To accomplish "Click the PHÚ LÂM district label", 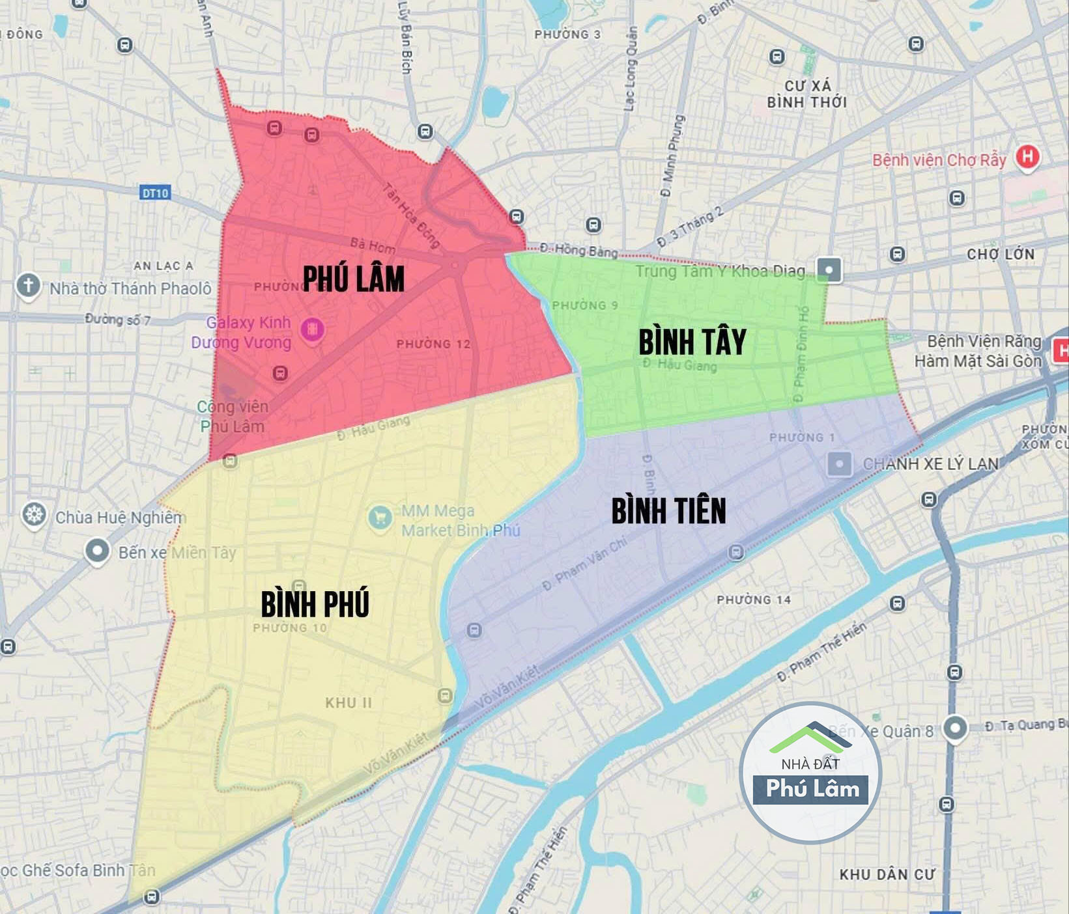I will click(x=354, y=279).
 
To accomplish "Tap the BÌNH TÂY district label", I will click(x=692, y=342).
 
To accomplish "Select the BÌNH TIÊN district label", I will click(x=668, y=510).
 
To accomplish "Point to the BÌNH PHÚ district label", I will click(x=315, y=603).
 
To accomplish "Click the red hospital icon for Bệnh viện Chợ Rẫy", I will click(x=1027, y=158).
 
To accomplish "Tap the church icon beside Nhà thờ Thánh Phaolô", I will click(x=28, y=286).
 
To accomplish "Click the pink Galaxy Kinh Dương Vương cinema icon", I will click(x=312, y=329).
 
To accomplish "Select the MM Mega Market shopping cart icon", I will click(x=380, y=518).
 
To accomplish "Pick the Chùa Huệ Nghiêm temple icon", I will click(x=34, y=515).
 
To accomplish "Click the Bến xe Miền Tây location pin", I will click(x=97, y=551).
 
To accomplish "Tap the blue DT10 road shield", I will click(x=155, y=193).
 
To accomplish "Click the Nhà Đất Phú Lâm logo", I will click(x=810, y=773).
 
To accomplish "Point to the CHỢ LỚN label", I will click(x=1000, y=254).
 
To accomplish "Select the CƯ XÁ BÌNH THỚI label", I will click(x=807, y=94).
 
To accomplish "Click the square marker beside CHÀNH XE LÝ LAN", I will click(x=839, y=464).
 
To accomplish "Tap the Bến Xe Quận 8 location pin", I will click(x=955, y=728).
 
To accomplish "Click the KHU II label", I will click(x=349, y=703).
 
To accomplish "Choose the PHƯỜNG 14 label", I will click(x=754, y=600).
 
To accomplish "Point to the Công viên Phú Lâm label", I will click(x=233, y=417).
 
